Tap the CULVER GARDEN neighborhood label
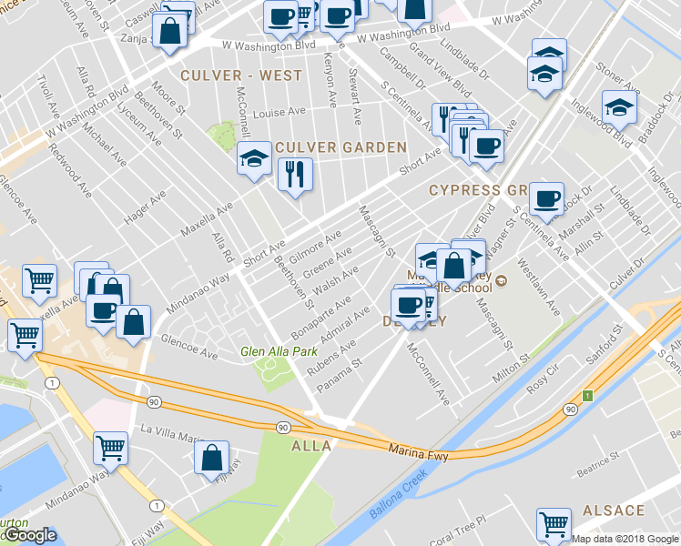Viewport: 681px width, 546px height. coord(341,147)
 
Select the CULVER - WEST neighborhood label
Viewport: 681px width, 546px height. coord(241,76)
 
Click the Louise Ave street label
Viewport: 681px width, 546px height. coord(280,113)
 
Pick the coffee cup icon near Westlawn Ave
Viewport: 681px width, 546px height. coord(546,199)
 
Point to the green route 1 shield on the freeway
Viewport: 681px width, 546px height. coord(588,396)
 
